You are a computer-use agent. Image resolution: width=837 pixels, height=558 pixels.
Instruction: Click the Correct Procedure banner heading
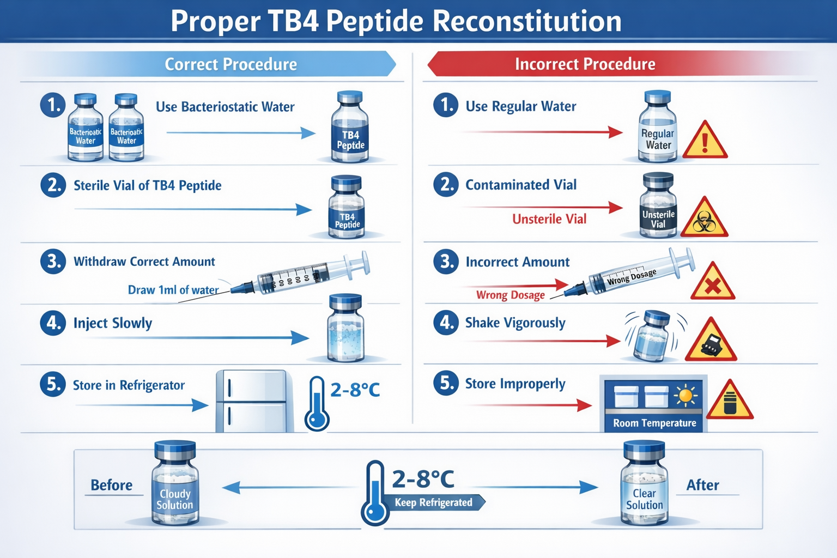point(231,64)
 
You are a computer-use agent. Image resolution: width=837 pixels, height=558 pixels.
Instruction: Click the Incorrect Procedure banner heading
point(585,64)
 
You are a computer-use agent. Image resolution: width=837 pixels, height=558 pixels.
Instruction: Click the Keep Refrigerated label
point(434,502)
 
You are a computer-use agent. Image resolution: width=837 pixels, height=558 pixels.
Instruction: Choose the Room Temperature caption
point(654,423)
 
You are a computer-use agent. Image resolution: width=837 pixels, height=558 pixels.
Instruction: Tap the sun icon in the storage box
point(685,395)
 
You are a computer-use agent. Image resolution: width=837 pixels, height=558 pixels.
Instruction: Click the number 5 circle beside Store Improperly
point(446,383)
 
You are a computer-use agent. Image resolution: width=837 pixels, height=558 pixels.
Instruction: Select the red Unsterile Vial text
point(549,219)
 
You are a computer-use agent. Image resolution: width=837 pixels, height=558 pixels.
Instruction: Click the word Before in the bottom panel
point(112,485)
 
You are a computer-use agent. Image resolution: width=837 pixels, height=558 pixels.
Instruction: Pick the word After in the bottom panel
point(702,485)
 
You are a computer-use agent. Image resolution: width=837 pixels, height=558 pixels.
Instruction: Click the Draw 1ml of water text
point(173,290)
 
